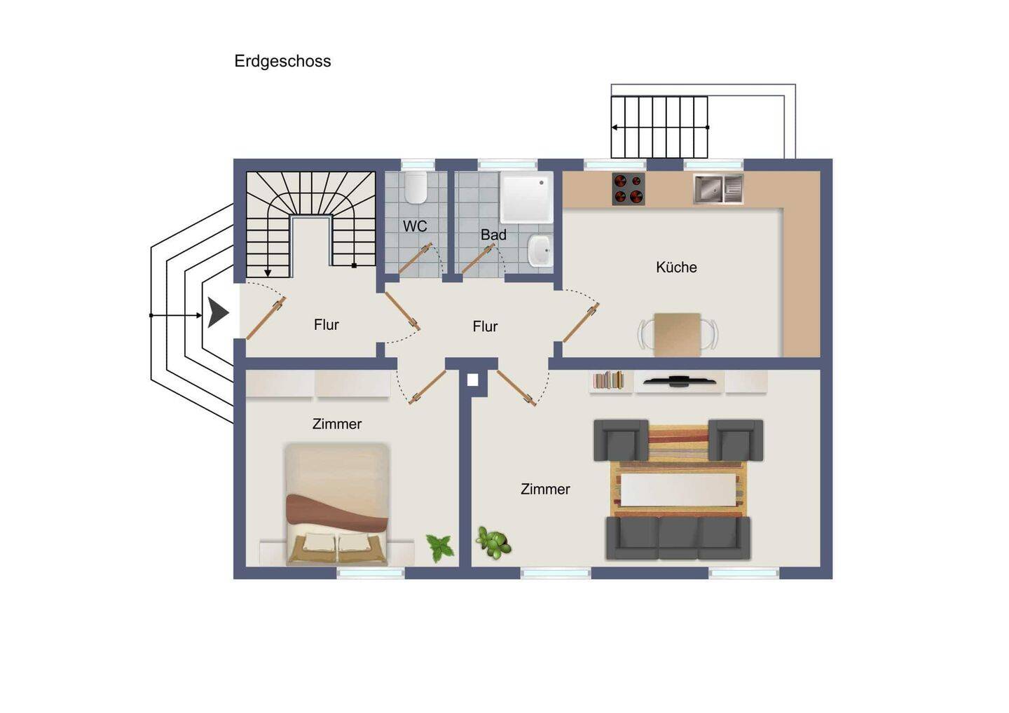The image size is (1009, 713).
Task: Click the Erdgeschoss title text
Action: (282, 61)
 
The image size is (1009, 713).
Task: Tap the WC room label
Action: (415, 226)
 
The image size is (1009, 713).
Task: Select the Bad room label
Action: (493, 235)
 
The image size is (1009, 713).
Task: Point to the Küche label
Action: (676, 267)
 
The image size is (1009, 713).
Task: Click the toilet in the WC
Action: (416, 187)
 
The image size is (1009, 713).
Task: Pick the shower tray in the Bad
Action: (527, 198)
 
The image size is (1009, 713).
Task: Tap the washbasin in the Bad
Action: (540, 251)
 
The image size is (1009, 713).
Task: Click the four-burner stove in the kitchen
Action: (628, 188)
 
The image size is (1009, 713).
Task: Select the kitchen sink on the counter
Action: (718, 188)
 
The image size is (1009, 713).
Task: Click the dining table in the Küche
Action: (678, 335)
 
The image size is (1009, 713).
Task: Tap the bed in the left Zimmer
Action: (337, 504)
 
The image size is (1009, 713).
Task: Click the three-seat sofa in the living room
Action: (678, 538)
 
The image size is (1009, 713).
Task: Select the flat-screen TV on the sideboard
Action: (679, 381)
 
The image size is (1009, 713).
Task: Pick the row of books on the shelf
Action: (608, 380)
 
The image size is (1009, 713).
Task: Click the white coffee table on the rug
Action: (678, 490)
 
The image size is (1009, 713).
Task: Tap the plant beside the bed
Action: (439, 547)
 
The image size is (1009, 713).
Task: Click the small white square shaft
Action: (472, 380)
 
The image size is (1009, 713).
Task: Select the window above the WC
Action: (418, 165)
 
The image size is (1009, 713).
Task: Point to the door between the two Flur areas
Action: (402, 311)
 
